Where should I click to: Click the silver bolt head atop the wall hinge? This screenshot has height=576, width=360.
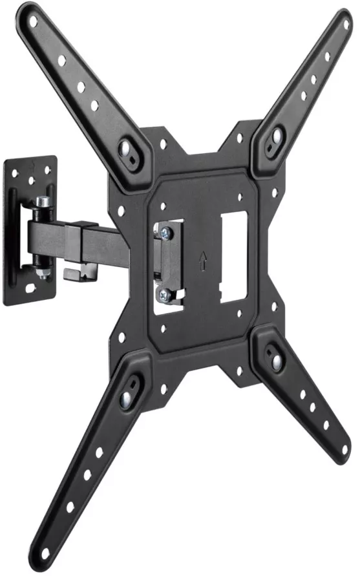tap(42, 202)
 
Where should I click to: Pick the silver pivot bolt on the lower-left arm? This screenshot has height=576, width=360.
tap(126, 398)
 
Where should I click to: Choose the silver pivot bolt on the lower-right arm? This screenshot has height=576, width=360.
tap(276, 360)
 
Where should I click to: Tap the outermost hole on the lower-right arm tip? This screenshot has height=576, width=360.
tap(344, 448)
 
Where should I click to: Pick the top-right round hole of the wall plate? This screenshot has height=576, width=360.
tap(48, 165)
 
